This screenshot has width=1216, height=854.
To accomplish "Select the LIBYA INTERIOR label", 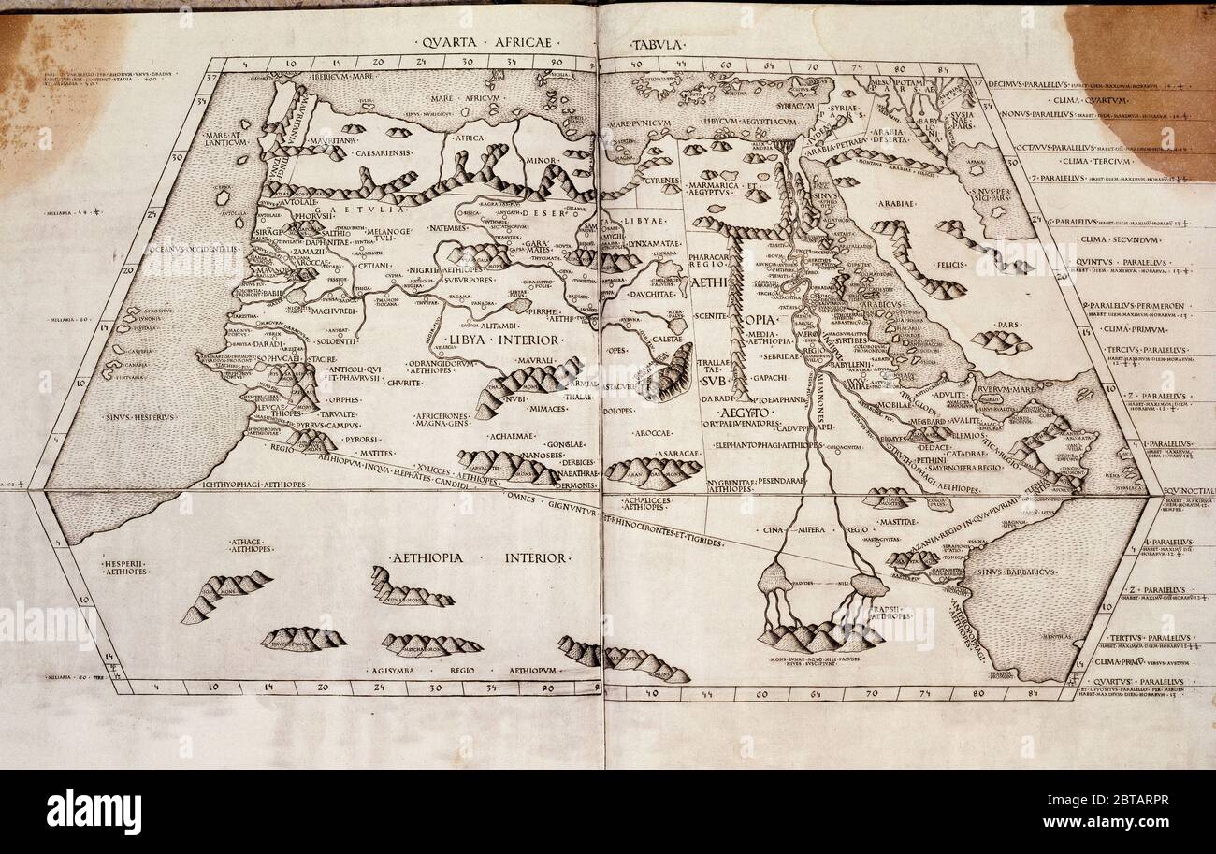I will pyautogui.click(x=491, y=339).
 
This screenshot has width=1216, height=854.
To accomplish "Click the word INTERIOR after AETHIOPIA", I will pyautogui.click(x=535, y=557).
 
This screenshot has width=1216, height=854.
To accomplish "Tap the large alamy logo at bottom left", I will pyautogui.click(x=94, y=811).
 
